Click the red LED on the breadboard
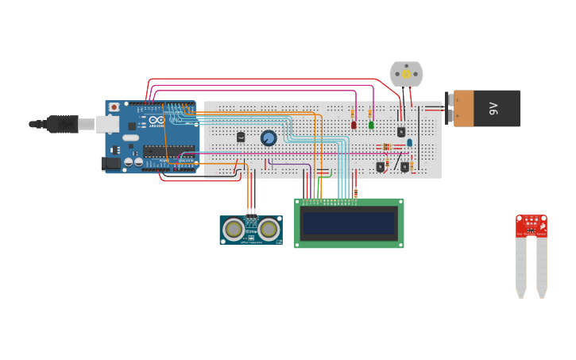point(354,125)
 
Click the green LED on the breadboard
point(371,125)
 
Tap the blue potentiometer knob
point(269,138)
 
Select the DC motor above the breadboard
point(406,74)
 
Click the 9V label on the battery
point(493,107)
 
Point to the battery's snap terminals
point(450,107)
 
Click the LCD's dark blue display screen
point(349,223)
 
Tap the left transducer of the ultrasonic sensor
point(234,230)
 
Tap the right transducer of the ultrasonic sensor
point(269,230)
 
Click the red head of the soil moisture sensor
point(532,225)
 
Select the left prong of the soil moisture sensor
point(520,266)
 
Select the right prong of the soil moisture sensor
point(542,266)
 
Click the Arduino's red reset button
point(114,106)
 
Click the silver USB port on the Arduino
point(107,124)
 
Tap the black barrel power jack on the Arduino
point(112,164)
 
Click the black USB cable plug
point(62,124)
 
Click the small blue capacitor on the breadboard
point(409,143)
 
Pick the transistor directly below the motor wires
point(401,132)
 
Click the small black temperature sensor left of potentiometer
point(241,137)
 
